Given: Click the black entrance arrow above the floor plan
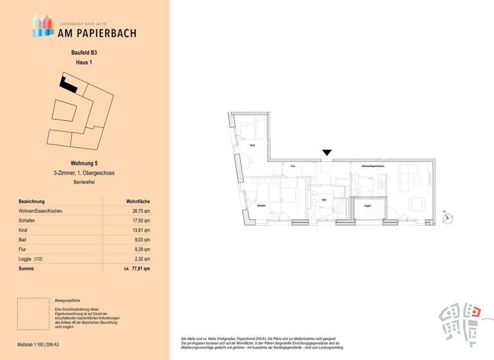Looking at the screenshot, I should click(x=327, y=152).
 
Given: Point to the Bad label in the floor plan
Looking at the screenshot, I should click(x=324, y=200).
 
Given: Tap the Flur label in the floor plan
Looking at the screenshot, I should click(x=293, y=166).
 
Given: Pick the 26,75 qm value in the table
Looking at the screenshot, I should click(x=142, y=211).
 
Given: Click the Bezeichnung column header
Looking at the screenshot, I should click(x=33, y=201).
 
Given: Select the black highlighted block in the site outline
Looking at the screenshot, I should click(x=68, y=84).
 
